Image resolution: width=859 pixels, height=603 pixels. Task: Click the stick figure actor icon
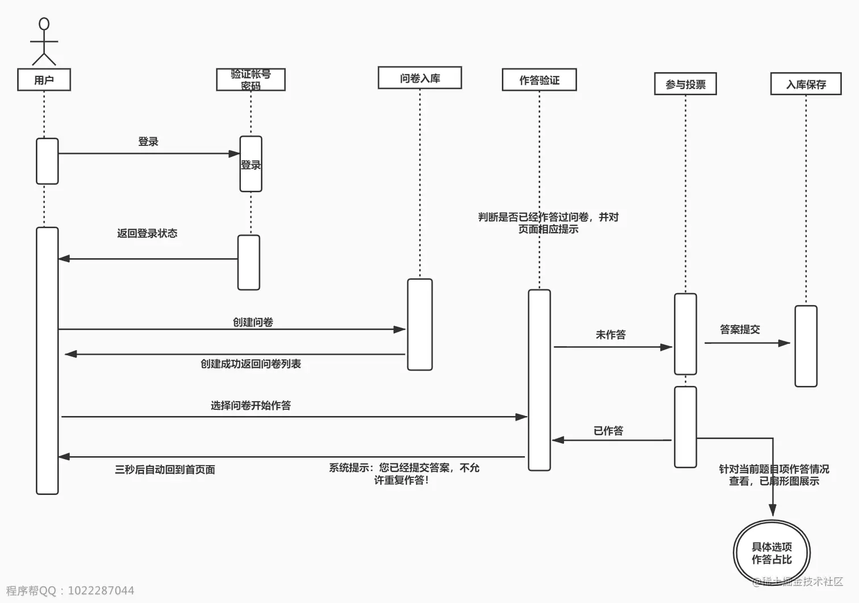pos(44,41)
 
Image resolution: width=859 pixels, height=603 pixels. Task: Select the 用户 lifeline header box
pos(44,80)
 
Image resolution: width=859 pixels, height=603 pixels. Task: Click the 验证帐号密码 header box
pos(251,80)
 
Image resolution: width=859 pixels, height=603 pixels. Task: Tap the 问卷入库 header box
pos(420,78)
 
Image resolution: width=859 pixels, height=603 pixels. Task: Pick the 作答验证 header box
pos(539,80)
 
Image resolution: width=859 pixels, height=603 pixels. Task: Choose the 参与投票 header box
pos(685,84)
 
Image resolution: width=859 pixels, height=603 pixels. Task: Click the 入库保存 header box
pos(806,84)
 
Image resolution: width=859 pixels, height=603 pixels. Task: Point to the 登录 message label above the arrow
pos(148,142)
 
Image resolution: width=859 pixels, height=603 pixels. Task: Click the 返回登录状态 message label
pos(147,233)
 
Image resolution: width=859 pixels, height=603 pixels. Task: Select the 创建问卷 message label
pos(253,322)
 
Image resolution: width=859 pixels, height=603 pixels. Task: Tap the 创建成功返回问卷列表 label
pos(251,364)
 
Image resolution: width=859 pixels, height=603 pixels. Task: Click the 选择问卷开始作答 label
pos(251,405)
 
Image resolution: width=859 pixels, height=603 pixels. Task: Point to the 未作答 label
pos(611,335)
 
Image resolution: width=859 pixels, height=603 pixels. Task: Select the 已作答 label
pos(608,431)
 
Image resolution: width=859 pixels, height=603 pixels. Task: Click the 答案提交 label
pos(740,329)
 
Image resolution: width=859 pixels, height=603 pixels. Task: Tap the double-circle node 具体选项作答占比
pos(772,553)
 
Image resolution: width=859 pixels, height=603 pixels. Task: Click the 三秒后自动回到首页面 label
pos(165,469)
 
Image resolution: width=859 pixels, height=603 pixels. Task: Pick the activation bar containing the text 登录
pos(251,164)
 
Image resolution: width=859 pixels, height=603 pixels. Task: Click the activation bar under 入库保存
pos(806,346)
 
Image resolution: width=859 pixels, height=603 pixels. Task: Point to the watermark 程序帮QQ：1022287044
pos(70,590)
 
